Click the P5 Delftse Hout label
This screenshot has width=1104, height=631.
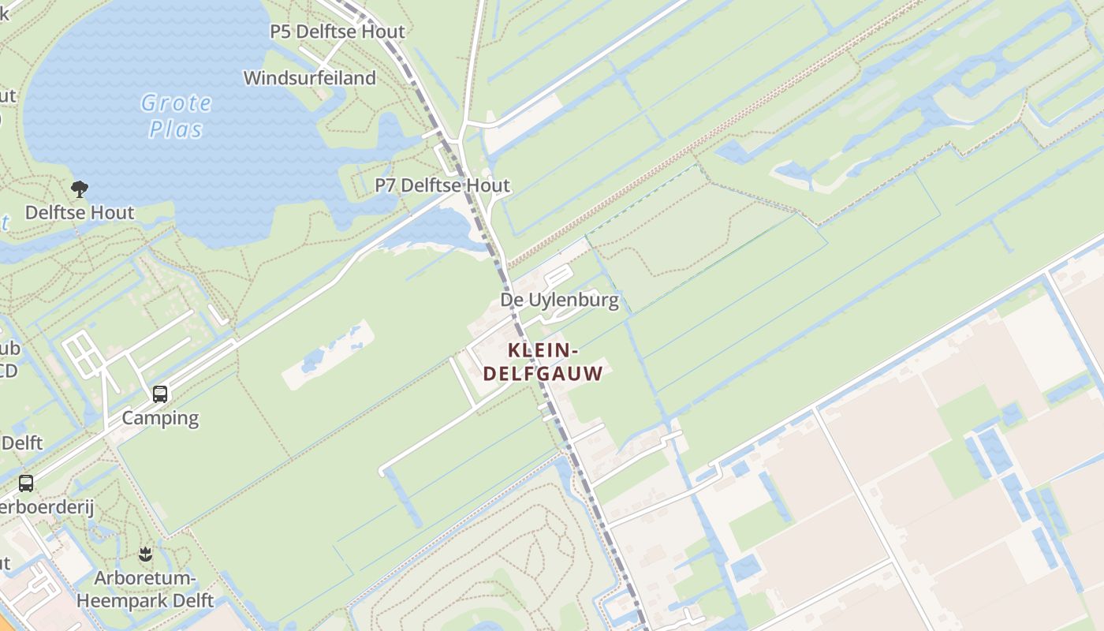[337, 32]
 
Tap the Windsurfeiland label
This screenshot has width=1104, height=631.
[309, 78]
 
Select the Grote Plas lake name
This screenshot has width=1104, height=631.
[177, 115]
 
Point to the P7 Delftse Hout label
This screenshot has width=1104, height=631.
[442, 185]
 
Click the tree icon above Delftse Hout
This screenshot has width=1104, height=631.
[79, 189]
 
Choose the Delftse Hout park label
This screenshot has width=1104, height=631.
[80, 212]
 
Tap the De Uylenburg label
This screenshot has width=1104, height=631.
[559, 301]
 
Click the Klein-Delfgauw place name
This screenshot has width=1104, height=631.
[543, 361]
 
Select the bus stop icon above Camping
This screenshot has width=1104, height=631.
[160, 394]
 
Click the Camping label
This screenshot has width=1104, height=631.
[160, 417]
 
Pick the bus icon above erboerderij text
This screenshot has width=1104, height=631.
[26, 483]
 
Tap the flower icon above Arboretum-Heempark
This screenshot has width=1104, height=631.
[145, 554]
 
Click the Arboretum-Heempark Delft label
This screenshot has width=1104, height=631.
[145, 589]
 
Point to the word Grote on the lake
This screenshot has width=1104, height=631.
[177, 103]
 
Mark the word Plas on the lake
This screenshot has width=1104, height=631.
[177, 129]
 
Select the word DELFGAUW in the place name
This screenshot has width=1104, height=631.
[543, 373]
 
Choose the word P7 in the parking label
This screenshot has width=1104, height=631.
[386, 185]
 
